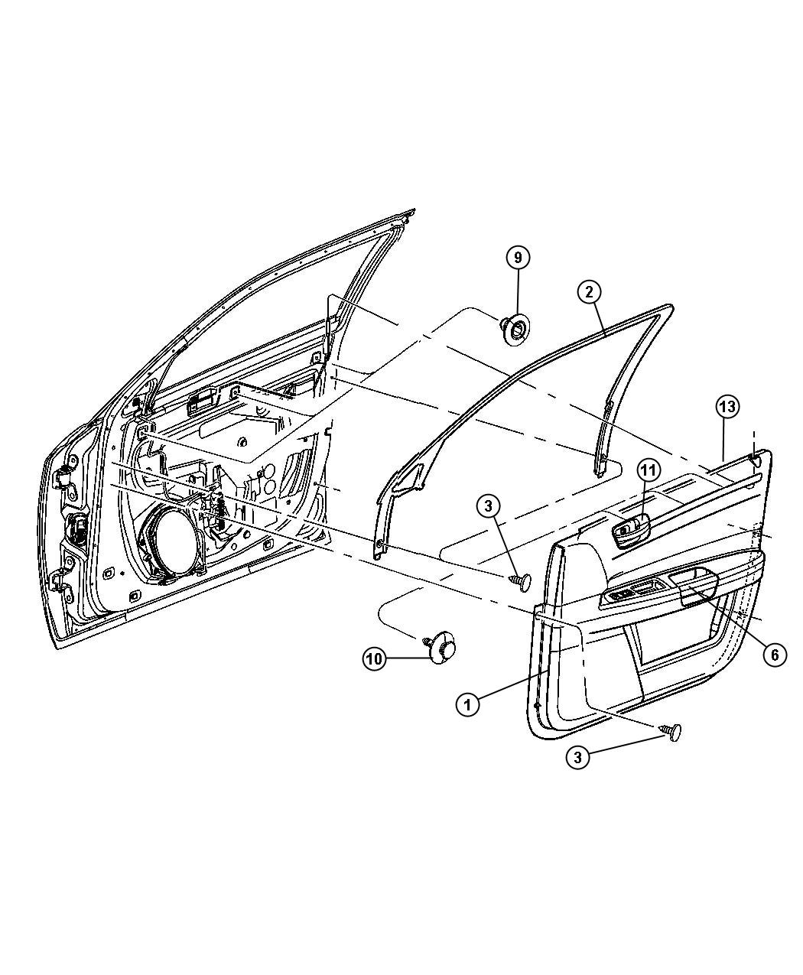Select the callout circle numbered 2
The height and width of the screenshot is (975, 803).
click(x=589, y=292)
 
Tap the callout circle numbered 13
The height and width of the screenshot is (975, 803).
click(x=727, y=407)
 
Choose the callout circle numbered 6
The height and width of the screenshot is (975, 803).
click(x=775, y=655)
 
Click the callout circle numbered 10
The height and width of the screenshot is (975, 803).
click(x=375, y=659)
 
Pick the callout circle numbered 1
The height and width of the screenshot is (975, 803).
click(x=467, y=717)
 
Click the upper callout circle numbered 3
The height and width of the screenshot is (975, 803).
click(x=489, y=506)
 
